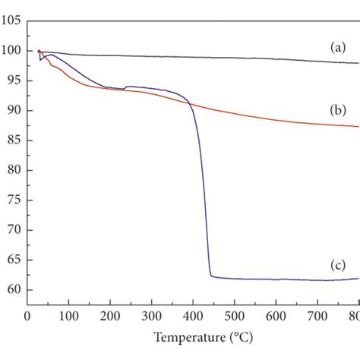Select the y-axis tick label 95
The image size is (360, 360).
point(12,81)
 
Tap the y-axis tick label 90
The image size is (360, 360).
point(12,111)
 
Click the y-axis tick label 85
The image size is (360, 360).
point(12,141)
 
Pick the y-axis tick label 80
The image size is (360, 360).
point(12,170)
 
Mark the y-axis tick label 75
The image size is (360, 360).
point(12,200)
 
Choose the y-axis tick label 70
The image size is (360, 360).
point(12,230)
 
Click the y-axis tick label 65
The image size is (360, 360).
point(12,260)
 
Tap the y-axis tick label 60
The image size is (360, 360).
point(12,289)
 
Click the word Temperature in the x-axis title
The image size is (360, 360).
point(186,336)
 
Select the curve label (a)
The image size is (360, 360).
point(337,47)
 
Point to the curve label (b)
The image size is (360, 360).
point(337,110)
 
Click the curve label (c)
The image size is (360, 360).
point(337,264)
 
